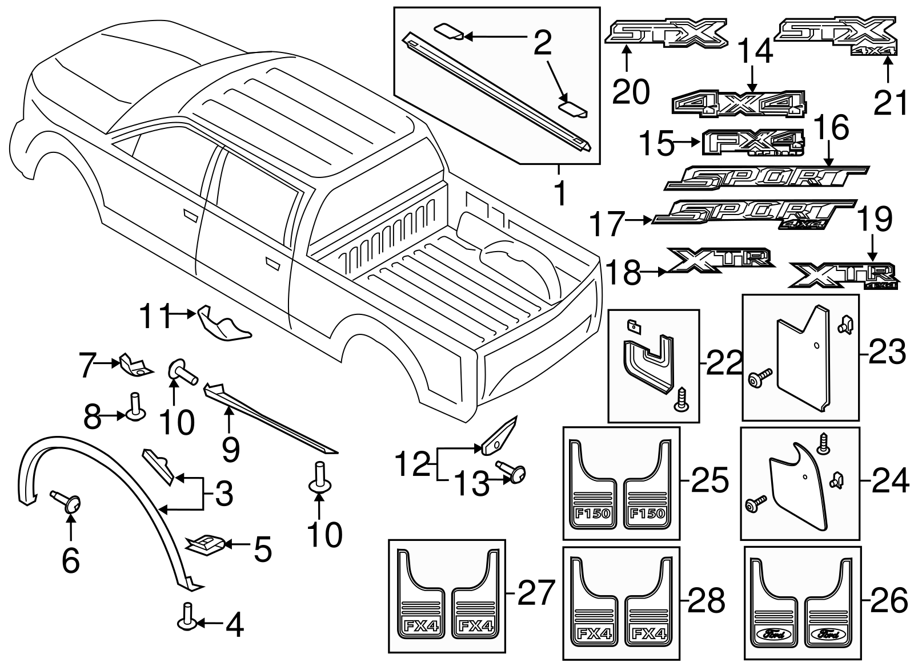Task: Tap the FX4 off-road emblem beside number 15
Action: point(752,142)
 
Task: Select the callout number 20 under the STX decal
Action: point(631,91)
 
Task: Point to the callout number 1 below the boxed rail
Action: point(560,193)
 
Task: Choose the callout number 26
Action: point(889,601)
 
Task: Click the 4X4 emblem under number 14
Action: point(739,104)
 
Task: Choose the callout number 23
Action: point(888,353)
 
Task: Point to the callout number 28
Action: point(707,601)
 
